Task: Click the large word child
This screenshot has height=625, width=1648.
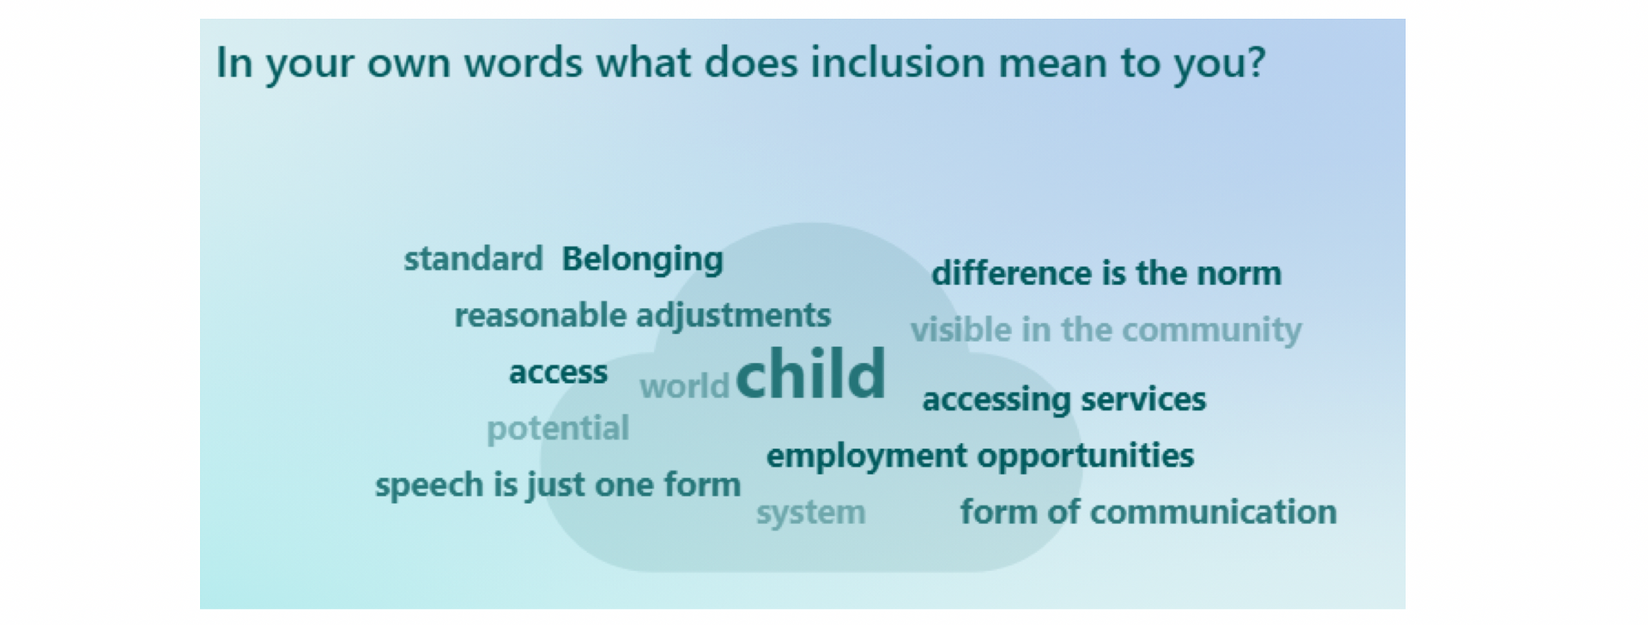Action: [x=811, y=373]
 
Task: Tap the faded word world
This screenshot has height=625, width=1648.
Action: [x=684, y=386]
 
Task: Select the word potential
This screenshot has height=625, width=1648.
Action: [x=558, y=428]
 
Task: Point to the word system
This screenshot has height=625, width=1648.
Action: [x=811, y=513]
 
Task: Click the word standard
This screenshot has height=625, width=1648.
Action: [x=473, y=258]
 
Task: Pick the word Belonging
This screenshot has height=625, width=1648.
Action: [x=643, y=259]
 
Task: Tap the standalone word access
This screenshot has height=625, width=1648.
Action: [x=558, y=373]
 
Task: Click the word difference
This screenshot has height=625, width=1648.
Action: [x=1012, y=273]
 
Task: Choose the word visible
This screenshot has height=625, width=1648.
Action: [x=961, y=330]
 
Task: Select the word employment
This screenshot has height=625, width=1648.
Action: [x=867, y=456]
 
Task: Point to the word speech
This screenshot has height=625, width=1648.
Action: [x=430, y=485]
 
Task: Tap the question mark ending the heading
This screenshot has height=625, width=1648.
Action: [x=1256, y=63]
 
